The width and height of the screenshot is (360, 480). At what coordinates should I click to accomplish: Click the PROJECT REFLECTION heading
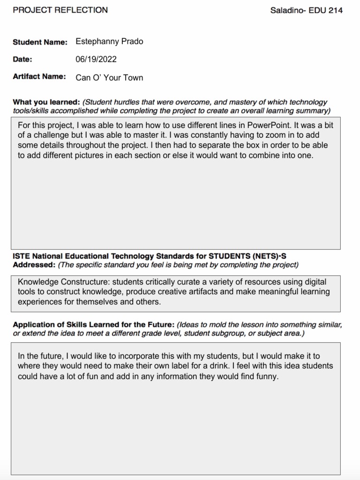coord(60,10)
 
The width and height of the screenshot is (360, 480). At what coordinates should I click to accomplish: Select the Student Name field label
coord(40,42)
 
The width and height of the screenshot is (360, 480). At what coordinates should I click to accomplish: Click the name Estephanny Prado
coord(109,42)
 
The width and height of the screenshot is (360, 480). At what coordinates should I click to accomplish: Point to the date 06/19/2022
coord(96,60)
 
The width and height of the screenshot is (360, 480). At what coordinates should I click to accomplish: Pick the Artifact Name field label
coord(39,77)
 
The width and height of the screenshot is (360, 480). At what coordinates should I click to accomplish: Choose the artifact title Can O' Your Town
coord(109,77)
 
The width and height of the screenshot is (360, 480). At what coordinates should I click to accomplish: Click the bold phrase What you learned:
coord(46,102)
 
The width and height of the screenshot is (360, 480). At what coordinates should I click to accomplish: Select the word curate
coord(177,282)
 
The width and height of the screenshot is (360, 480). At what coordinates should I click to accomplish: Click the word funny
coord(267,376)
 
